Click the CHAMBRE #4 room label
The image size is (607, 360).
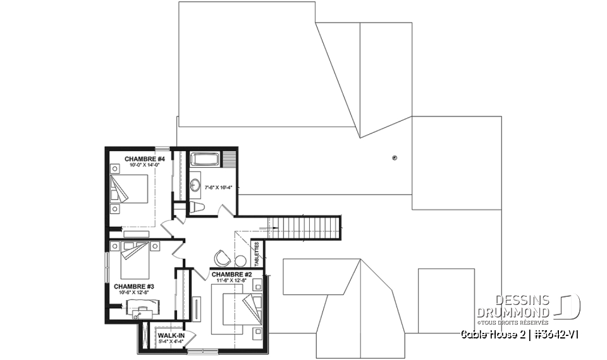pyautogui.click(x=145, y=158)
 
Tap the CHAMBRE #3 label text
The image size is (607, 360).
pyautogui.click(x=130, y=286)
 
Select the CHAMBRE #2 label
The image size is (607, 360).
pyautogui.click(x=232, y=274)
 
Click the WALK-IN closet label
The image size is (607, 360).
pyautogui.click(x=171, y=335)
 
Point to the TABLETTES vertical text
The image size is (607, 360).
pyautogui.click(x=257, y=254)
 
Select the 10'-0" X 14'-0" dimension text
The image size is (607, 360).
pyautogui.click(x=144, y=165)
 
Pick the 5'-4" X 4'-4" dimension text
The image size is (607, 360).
pyautogui.click(x=171, y=342)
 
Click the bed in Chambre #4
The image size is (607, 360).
pyautogui.click(x=131, y=189)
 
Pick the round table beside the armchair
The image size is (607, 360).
pyautogui.click(x=240, y=260)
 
